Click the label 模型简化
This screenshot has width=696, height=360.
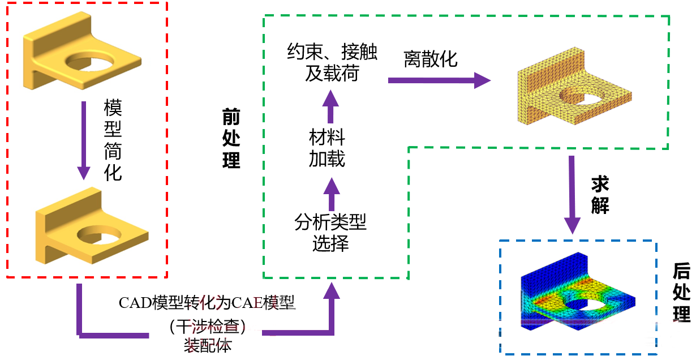click(x=113, y=140)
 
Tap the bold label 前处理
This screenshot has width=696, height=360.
click(x=231, y=139)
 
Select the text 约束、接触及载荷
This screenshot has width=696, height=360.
click(x=332, y=63)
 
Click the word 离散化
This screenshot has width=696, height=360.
click(x=431, y=58)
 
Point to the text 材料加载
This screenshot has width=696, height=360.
click(x=327, y=148)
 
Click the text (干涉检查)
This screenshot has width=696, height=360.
click(x=207, y=325)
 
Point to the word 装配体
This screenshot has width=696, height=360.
click(x=208, y=345)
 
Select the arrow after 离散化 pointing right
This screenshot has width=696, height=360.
click(x=439, y=80)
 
